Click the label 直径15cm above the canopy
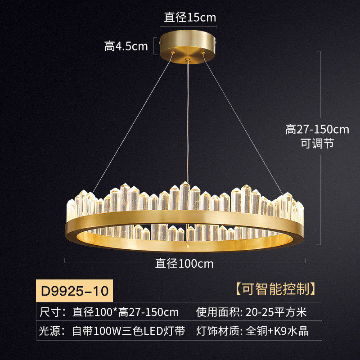189,18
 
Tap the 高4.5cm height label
126,46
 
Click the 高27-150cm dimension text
317,130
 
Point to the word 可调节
317,144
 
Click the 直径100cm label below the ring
184,263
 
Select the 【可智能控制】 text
274,288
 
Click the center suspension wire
187,121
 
